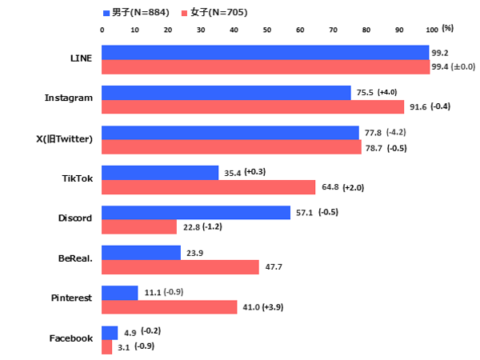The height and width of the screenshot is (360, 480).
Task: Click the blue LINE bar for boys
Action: [266, 53]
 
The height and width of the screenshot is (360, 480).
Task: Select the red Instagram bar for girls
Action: [253, 106]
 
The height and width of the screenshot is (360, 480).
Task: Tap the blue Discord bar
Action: [196, 213]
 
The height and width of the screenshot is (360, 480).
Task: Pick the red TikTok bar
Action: [209, 187]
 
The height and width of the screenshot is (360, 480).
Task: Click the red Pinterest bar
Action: [170, 307]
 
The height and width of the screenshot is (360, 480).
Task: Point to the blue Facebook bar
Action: [110, 333]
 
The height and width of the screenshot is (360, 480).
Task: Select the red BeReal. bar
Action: [181, 267]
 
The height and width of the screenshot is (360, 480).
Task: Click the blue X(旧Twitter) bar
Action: [230, 133]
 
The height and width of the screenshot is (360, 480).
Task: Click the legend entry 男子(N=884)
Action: [134, 13]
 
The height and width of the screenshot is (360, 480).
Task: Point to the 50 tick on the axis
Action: [267, 29]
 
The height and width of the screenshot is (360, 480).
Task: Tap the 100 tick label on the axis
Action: [432, 29]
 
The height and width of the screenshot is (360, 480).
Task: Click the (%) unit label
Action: [448, 28]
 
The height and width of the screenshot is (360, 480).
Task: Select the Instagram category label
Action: [69, 98]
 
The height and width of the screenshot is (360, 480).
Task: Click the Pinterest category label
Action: [72, 298]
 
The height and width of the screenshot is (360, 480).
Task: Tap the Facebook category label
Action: [71, 338]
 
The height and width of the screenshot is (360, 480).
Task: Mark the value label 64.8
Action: [329, 187]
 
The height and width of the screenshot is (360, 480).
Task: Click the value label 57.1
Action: [305, 213]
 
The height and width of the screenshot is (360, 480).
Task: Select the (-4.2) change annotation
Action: [397, 132]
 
